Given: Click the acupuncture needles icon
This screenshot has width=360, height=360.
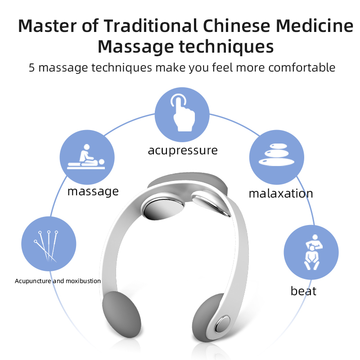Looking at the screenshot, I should point(48,244).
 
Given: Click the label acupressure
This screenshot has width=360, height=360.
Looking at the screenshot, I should point(182,150).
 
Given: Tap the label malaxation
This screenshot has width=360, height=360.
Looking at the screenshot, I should point(281,194).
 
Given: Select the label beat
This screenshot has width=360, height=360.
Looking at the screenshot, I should point(303,291).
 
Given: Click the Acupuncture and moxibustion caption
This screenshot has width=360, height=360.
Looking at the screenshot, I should point(58,281).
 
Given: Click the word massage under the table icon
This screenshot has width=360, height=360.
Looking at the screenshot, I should point(93,191).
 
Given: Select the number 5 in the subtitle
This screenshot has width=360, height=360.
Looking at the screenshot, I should point(32,68).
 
